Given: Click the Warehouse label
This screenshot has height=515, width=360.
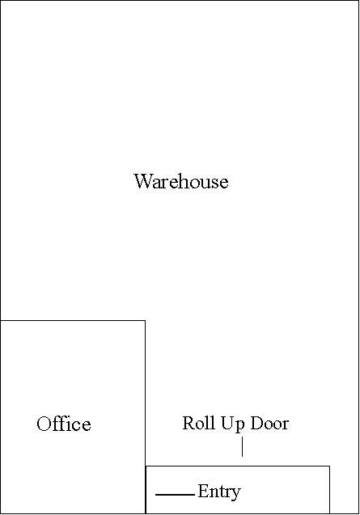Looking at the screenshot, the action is tap(181, 181).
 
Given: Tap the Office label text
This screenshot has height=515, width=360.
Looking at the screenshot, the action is tap(64, 424).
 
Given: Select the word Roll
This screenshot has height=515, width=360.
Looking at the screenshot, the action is tap(199, 423).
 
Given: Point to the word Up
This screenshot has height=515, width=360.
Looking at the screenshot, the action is tap(233, 424).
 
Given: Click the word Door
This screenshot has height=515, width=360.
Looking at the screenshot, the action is tap(269, 423).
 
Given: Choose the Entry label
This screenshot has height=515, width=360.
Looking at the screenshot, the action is tap(219, 492).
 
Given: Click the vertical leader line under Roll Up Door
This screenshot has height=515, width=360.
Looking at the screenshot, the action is tap(243, 446).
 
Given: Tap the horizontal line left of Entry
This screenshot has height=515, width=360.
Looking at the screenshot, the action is tap(175, 494).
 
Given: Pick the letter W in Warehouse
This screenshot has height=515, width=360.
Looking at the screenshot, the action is tap(144, 181).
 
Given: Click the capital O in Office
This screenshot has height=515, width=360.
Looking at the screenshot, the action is tap(44, 424).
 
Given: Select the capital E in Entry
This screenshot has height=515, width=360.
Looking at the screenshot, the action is tap(203, 491).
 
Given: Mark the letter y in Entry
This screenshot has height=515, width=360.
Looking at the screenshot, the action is tap(236, 494).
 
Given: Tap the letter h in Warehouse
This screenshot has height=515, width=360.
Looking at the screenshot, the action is tap(185, 181).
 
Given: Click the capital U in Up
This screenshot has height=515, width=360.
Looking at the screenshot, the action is tap(227, 423).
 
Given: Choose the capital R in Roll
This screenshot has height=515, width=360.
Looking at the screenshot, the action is tap(188, 423).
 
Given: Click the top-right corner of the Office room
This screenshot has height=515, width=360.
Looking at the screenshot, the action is tap(146, 320).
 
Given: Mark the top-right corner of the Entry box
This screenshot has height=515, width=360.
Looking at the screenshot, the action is tap(330, 466).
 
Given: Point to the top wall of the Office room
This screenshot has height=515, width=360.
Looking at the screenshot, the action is tap(73, 320).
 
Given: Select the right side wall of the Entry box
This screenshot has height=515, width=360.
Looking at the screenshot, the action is tap(330, 489).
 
